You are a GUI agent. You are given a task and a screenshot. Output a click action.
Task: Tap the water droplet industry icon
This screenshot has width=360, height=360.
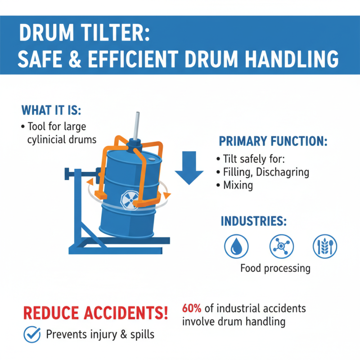236,246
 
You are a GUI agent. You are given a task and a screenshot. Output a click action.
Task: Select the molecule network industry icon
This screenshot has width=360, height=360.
281,246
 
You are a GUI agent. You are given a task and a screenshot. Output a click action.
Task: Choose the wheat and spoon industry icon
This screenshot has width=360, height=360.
325,246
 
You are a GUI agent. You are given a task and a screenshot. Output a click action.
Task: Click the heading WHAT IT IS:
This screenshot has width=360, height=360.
50,110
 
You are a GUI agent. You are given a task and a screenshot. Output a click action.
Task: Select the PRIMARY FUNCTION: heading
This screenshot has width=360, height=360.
273,141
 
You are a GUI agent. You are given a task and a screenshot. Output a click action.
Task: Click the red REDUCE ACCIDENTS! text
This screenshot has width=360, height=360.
95,312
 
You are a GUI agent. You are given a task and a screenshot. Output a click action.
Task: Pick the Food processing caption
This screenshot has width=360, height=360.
275,269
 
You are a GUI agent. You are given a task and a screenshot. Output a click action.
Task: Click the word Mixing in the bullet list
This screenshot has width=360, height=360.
238,185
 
